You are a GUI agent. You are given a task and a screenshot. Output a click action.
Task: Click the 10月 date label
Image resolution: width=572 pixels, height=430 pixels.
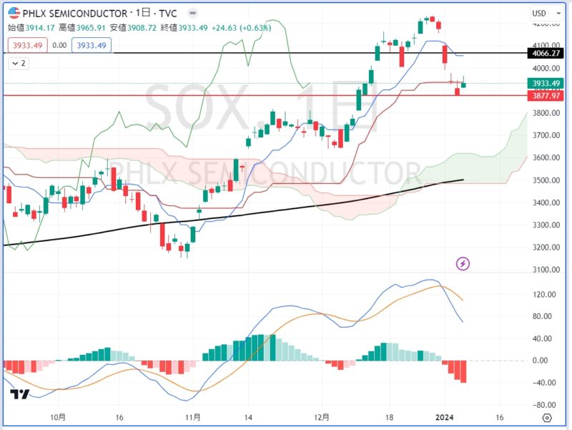[x=59, y=417]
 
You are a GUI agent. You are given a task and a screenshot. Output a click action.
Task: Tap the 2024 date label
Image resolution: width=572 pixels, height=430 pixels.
[x=445, y=417]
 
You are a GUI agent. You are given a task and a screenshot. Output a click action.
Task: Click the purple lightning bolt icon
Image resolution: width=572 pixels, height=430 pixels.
[x=463, y=264]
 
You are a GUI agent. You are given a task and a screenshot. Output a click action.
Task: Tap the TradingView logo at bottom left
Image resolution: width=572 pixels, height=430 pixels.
[x=19, y=394]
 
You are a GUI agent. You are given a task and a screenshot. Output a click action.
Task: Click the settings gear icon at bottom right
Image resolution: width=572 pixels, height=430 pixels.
[x=547, y=417]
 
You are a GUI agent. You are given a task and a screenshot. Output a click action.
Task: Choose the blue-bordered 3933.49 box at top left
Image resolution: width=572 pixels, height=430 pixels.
[x=92, y=45]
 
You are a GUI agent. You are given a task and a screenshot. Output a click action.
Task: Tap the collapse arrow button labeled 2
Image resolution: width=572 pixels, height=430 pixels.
[x=18, y=63]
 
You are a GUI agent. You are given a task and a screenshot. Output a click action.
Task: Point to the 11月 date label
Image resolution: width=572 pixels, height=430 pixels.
[x=192, y=417]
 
